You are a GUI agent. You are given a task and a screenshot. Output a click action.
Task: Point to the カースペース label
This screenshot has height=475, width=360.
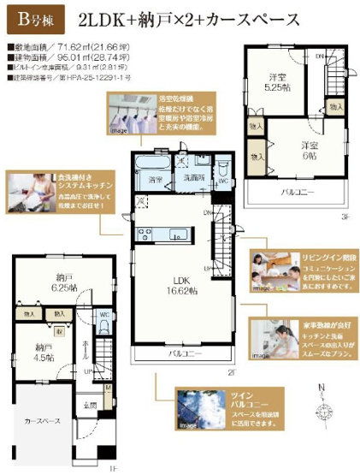point(42,423)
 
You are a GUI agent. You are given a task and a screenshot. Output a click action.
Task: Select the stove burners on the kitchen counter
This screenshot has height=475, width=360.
point(143,234)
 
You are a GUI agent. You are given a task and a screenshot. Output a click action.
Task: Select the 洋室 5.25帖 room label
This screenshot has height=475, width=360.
point(273,80)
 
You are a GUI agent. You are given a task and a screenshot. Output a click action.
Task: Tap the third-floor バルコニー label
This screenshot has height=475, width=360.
point(300,192)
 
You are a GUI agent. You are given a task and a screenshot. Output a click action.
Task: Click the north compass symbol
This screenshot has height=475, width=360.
point(323,401)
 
